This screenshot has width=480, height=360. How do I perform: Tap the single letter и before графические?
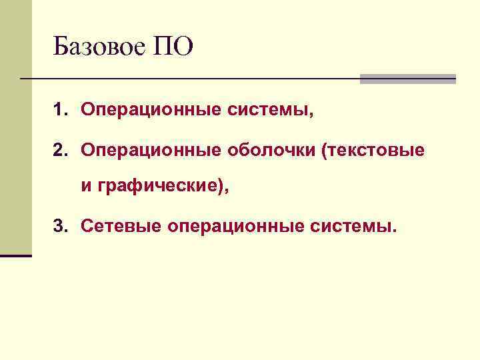pos(86,189)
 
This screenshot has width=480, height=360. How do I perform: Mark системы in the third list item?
pos(353,228)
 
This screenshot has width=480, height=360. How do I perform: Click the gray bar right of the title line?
pos(407,79)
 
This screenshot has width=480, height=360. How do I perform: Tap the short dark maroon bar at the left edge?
pos(16,255)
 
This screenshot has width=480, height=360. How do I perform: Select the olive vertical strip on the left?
pos(15,133)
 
